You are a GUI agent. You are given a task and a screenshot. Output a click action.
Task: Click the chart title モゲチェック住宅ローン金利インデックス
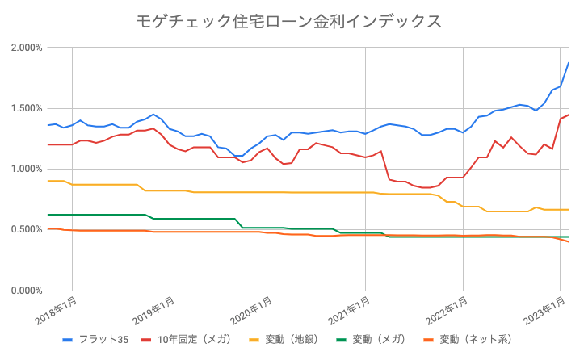pos(292,21)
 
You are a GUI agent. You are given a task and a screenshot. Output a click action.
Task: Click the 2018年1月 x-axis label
pos(57,311)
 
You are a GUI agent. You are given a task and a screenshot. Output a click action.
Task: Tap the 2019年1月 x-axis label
pos(155,311)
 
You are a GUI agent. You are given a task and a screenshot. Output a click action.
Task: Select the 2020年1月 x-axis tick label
pos(253,311)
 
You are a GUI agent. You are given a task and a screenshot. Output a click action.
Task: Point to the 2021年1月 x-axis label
pos(351,311)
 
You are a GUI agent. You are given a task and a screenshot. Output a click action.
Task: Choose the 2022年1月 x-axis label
pos(448,311)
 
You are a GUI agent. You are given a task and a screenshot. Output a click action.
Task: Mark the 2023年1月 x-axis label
pos(546,311)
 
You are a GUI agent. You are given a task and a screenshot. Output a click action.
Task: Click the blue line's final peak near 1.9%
pos(569,62)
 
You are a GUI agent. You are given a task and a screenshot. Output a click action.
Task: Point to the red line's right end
pos(569,115)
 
